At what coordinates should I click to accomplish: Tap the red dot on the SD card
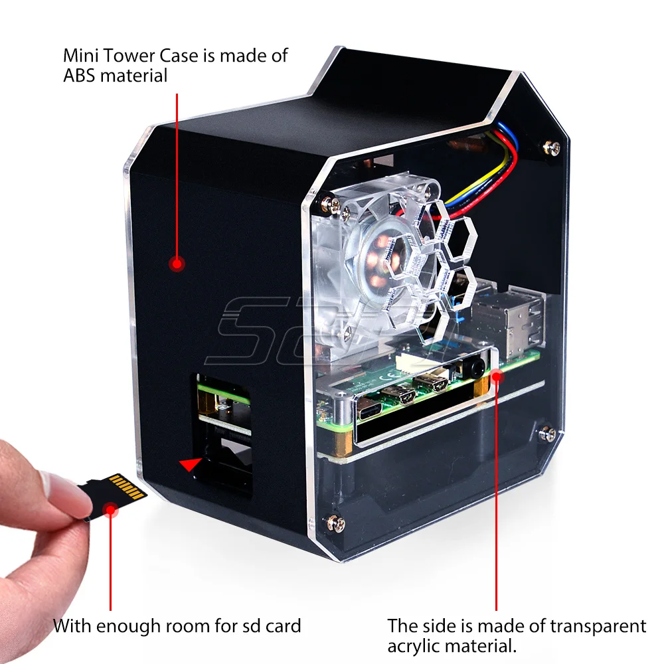[112, 510]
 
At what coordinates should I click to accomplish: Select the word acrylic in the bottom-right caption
[418, 645]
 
